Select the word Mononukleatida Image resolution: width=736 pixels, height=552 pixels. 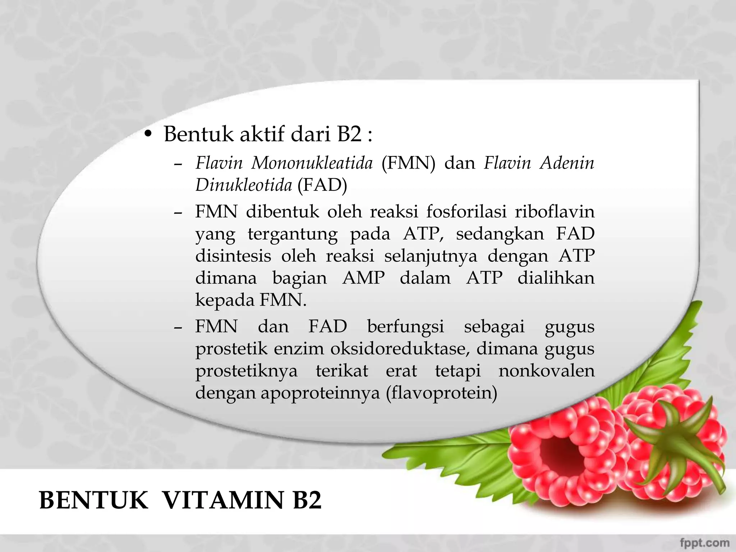point(312,163)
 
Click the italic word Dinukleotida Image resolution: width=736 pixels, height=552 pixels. point(243,185)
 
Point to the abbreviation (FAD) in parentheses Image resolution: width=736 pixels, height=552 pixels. point(322,185)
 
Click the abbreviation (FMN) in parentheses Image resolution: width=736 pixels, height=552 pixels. point(408,163)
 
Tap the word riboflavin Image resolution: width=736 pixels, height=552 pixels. point(555,211)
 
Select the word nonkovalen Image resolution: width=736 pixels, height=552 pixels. point(546,371)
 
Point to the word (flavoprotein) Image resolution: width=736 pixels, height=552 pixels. point(441,392)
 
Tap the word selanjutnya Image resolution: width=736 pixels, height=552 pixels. point(431,256)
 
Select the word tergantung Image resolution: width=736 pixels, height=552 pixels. point(293,234)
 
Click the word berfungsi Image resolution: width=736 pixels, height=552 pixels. point(405,327)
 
